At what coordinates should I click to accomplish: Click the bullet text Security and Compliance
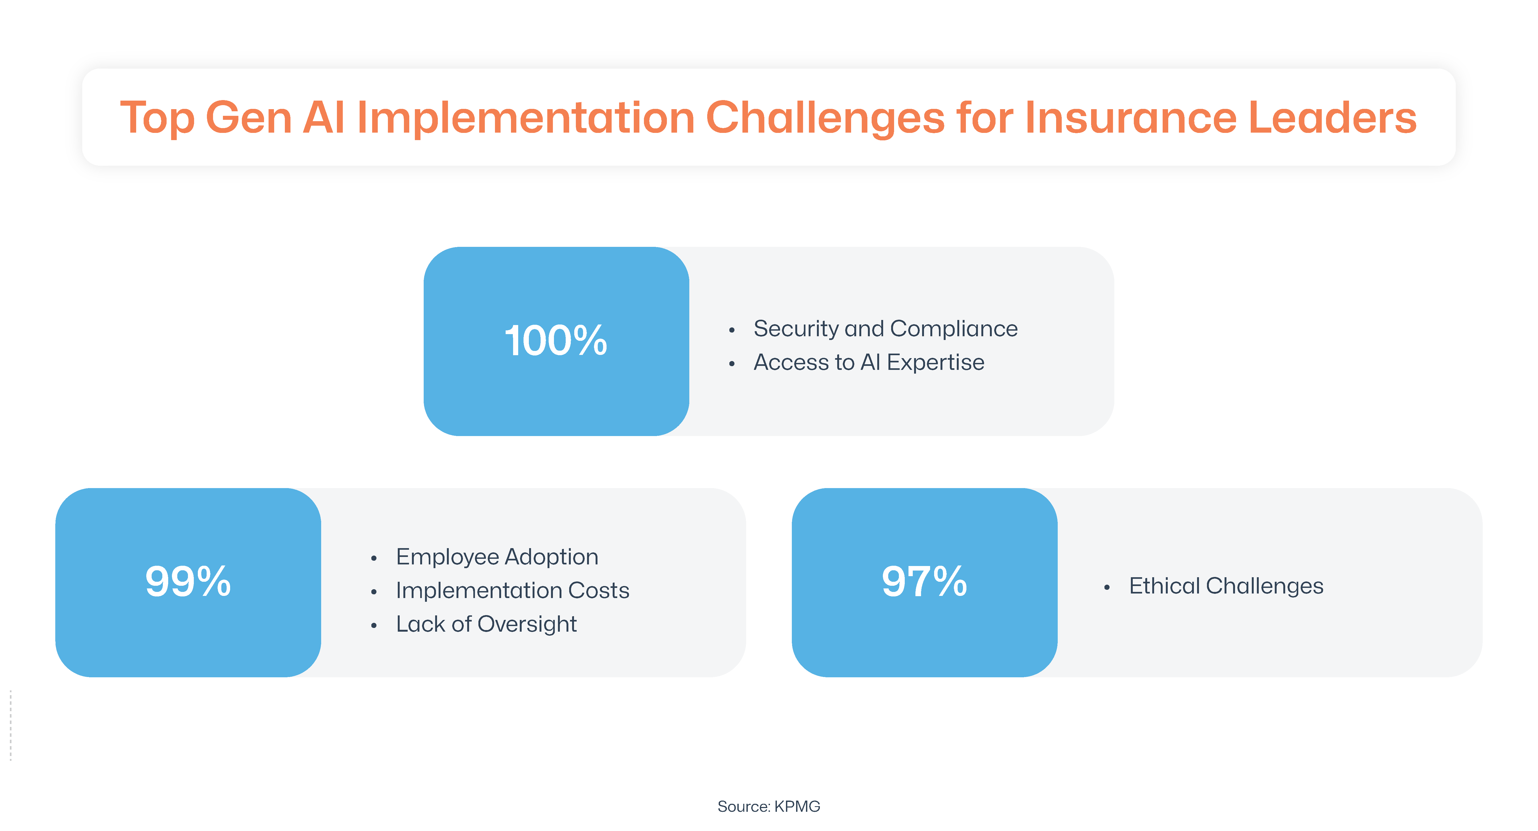(x=886, y=329)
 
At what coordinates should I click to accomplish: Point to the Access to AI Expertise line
(x=869, y=362)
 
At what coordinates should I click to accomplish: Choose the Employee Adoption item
(x=497, y=557)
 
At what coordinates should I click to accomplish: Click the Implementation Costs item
(x=512, y=590)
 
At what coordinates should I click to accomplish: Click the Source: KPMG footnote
(x=768, y=806)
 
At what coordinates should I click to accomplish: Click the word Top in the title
(x=157, y=118)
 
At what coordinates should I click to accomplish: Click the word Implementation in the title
(x=525, y=118)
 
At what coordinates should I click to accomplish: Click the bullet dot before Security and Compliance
(x=731, y=330)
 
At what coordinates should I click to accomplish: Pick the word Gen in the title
(x=248, y=118)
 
